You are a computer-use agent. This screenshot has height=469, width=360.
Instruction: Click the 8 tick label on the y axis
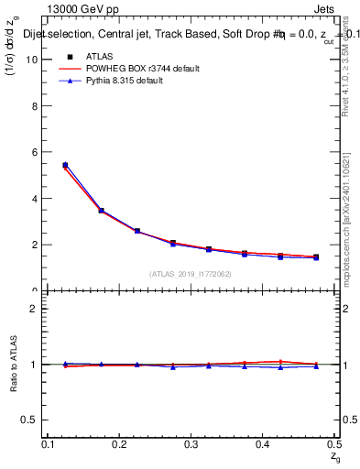[37, 105]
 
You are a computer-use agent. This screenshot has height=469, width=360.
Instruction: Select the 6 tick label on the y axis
[37, 152]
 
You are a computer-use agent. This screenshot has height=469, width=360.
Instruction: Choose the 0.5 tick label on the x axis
[333, 444]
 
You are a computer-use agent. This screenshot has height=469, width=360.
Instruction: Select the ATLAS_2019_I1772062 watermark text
[191, 274]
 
